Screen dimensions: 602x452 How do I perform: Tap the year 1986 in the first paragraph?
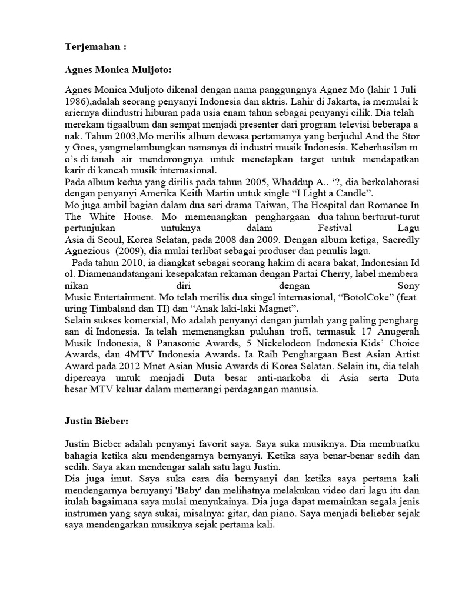coord(77,100)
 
